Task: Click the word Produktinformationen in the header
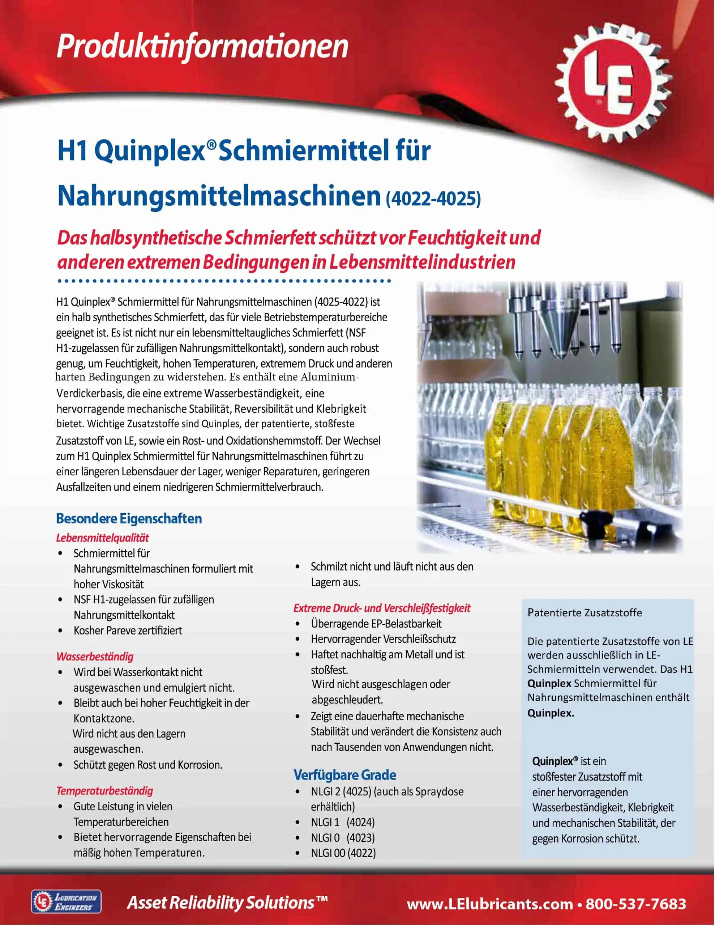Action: pyautogui.click(x=202, y=46)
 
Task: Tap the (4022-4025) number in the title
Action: pyautogui.click(x=433, y=198)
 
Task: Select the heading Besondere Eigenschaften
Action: pyautogui.click(x=129, y=518)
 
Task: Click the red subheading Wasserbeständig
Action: pyautogui.click(x=95, y=657)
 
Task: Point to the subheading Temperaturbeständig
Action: pyautogui.click(x=105, y=790)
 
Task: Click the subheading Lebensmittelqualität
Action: pyautogui.click(x=103, y=538)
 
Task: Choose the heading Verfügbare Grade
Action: pyautogui.click(x=344, y=775)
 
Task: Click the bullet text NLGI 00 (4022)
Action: pyautogui.click(x=343, y=853)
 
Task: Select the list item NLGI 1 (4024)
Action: pyautogui.click(x=342, y=822)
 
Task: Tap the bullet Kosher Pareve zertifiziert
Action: pyautogui.click(x=128, y=630)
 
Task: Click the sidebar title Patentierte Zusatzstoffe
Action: pyautogui.click(x=585, y=612)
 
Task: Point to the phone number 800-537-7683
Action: pyautogui.click(x=635, y=904)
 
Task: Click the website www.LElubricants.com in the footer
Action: pyautogui.click(x=489, y=904)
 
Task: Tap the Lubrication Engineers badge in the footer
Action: pyautogui.click(x=66, y=901)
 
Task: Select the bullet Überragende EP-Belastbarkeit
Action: pyautogui.click(x=376, y=623)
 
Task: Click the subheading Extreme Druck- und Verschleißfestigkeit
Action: pyautogui.click(x=381, y=608)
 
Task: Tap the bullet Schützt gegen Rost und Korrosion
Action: pyautogui.click(x=147, y=764)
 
